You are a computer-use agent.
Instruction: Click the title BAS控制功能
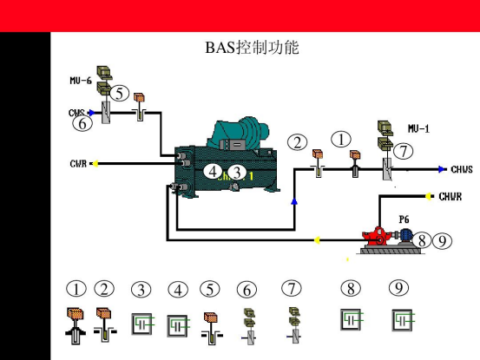(x=252, y=48)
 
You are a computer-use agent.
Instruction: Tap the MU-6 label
(x=81, y=81)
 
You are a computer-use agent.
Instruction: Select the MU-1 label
(x=418, y=128)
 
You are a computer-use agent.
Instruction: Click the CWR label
(x=78, y=164)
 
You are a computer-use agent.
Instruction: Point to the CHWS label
(x=462, y=169)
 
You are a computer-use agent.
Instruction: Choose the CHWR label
(x=450, y=196)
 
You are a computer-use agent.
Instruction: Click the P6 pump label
(x=404, y=219)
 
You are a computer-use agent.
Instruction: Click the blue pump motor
(x=404, y=235)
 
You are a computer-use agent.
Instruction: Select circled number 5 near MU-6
(x=120, y=94)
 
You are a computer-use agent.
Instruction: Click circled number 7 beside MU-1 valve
(x=403, y=151)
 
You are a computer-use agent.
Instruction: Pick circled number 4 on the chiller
(x=213, y=172)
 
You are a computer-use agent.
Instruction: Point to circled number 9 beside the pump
(x=442, y=240)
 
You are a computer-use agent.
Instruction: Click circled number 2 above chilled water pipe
(x=297, y=142)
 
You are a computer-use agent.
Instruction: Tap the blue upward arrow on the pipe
(x=294, y=201)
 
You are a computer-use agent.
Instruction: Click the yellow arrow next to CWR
(x=95, y=164)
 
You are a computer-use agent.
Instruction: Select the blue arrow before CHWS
(x=441, y=169)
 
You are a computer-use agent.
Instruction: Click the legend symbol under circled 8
(x=352, y=319)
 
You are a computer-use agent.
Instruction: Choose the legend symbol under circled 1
(x=76, y=326)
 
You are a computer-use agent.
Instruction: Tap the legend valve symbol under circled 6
(x=250, y=326)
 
